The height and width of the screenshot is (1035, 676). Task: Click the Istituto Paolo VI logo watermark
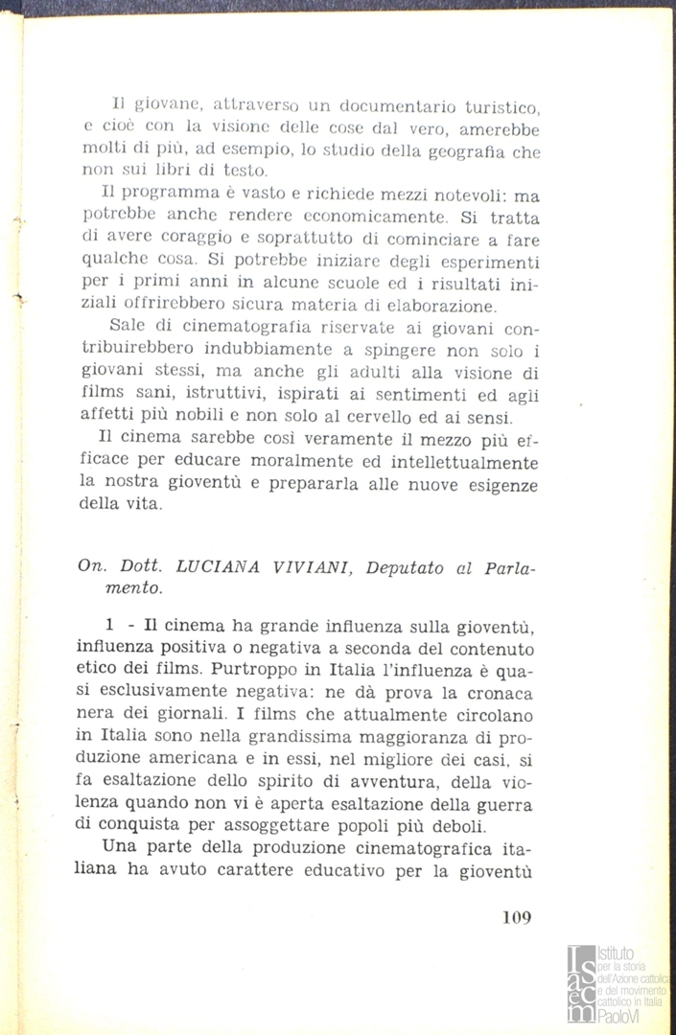coord(619,982)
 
